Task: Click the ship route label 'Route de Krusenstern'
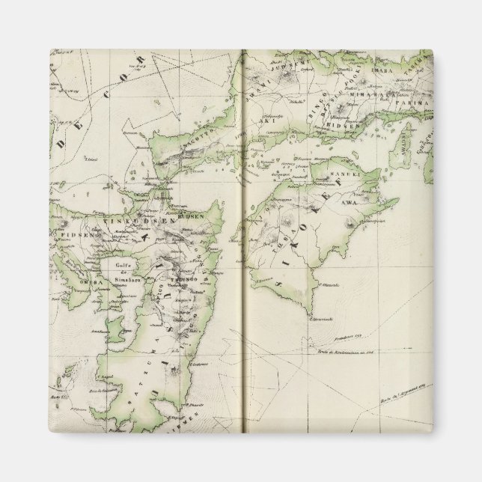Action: (345, 352)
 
